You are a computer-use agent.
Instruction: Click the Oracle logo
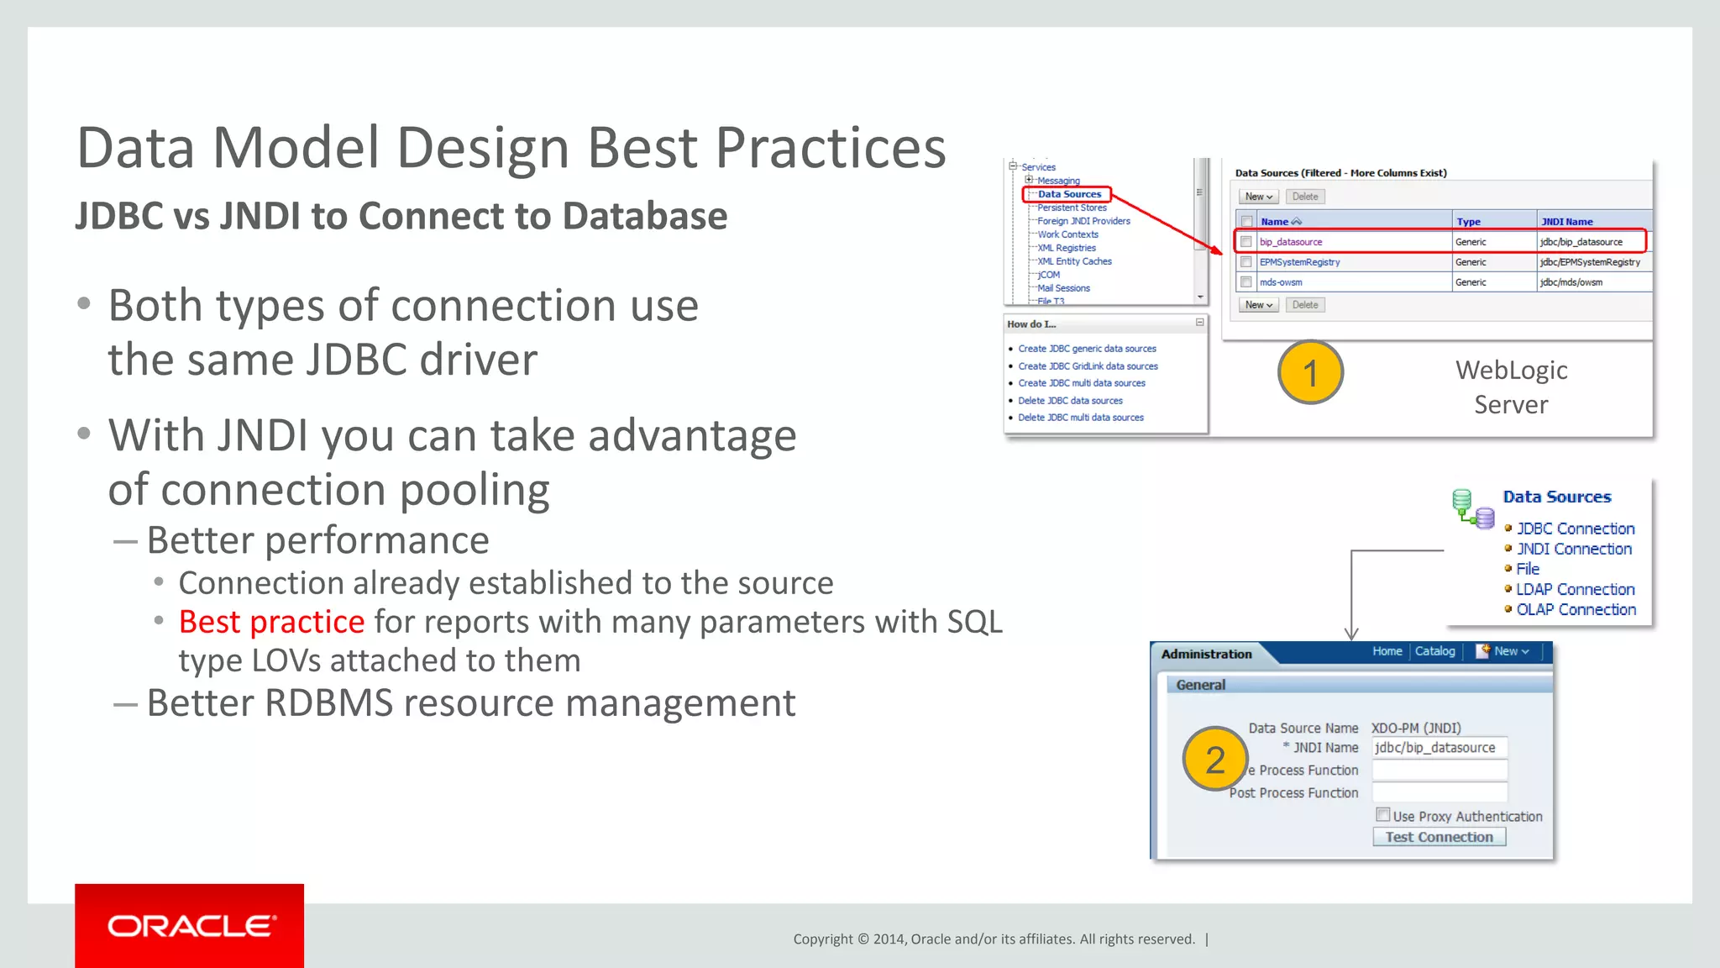click(190, 926)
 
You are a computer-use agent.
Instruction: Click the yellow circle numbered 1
click(1310, 372)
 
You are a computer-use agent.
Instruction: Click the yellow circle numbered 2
click(1214, 760)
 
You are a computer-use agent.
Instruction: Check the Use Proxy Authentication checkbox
click(1382, 814)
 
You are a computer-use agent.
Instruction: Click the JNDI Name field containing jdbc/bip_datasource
click(1439, 747)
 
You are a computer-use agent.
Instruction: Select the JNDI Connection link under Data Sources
click(1574, 549)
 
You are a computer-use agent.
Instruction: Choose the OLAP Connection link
click(1576, 609)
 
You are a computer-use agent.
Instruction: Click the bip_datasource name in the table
click(1291, 242)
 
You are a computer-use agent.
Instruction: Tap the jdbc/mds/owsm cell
click(1571, 282)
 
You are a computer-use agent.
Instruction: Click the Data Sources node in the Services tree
click(1068, 194)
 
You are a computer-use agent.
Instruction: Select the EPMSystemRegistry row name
click(1299, 262)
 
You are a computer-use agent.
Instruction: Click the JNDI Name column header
click(1566, 222)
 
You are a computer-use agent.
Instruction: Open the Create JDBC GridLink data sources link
click(1088, 366)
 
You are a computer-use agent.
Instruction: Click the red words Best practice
click(271, 622)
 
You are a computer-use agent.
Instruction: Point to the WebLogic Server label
click(1511, 387)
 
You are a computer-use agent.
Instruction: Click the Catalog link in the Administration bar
click(1434, 651)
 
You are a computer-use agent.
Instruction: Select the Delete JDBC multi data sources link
click(1080, 418)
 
